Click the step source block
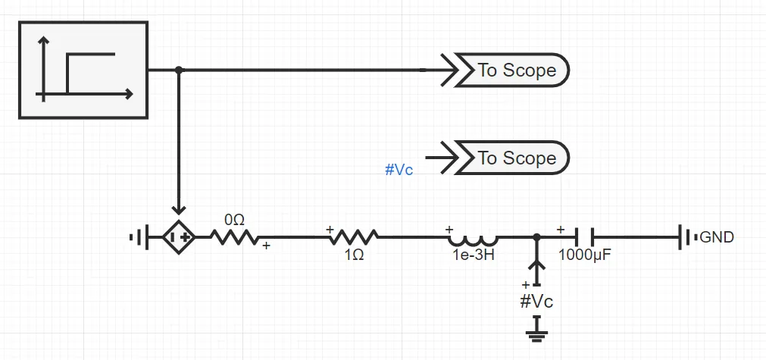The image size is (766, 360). coord(83,70)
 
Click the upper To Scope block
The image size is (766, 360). coord(516,70)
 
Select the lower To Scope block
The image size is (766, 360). coord(516,158)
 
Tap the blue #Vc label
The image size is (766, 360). coord(399,170)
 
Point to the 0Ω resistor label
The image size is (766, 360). coord(234,220)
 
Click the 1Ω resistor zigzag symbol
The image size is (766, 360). coord(352,237)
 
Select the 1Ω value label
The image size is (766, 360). coord(354,255)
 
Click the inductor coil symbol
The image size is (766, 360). coord(474,236)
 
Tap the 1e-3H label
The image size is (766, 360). coord(474,255)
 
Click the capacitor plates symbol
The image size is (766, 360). coord(584,237)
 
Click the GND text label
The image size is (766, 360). coord(717,237)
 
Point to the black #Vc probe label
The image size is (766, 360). coord(536,302)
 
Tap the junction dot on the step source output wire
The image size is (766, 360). coord(179,70)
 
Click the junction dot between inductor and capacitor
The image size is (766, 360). coord(537,237)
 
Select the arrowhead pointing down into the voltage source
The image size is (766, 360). coord(179,209)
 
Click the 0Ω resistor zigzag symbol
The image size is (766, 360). coord(234,237)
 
